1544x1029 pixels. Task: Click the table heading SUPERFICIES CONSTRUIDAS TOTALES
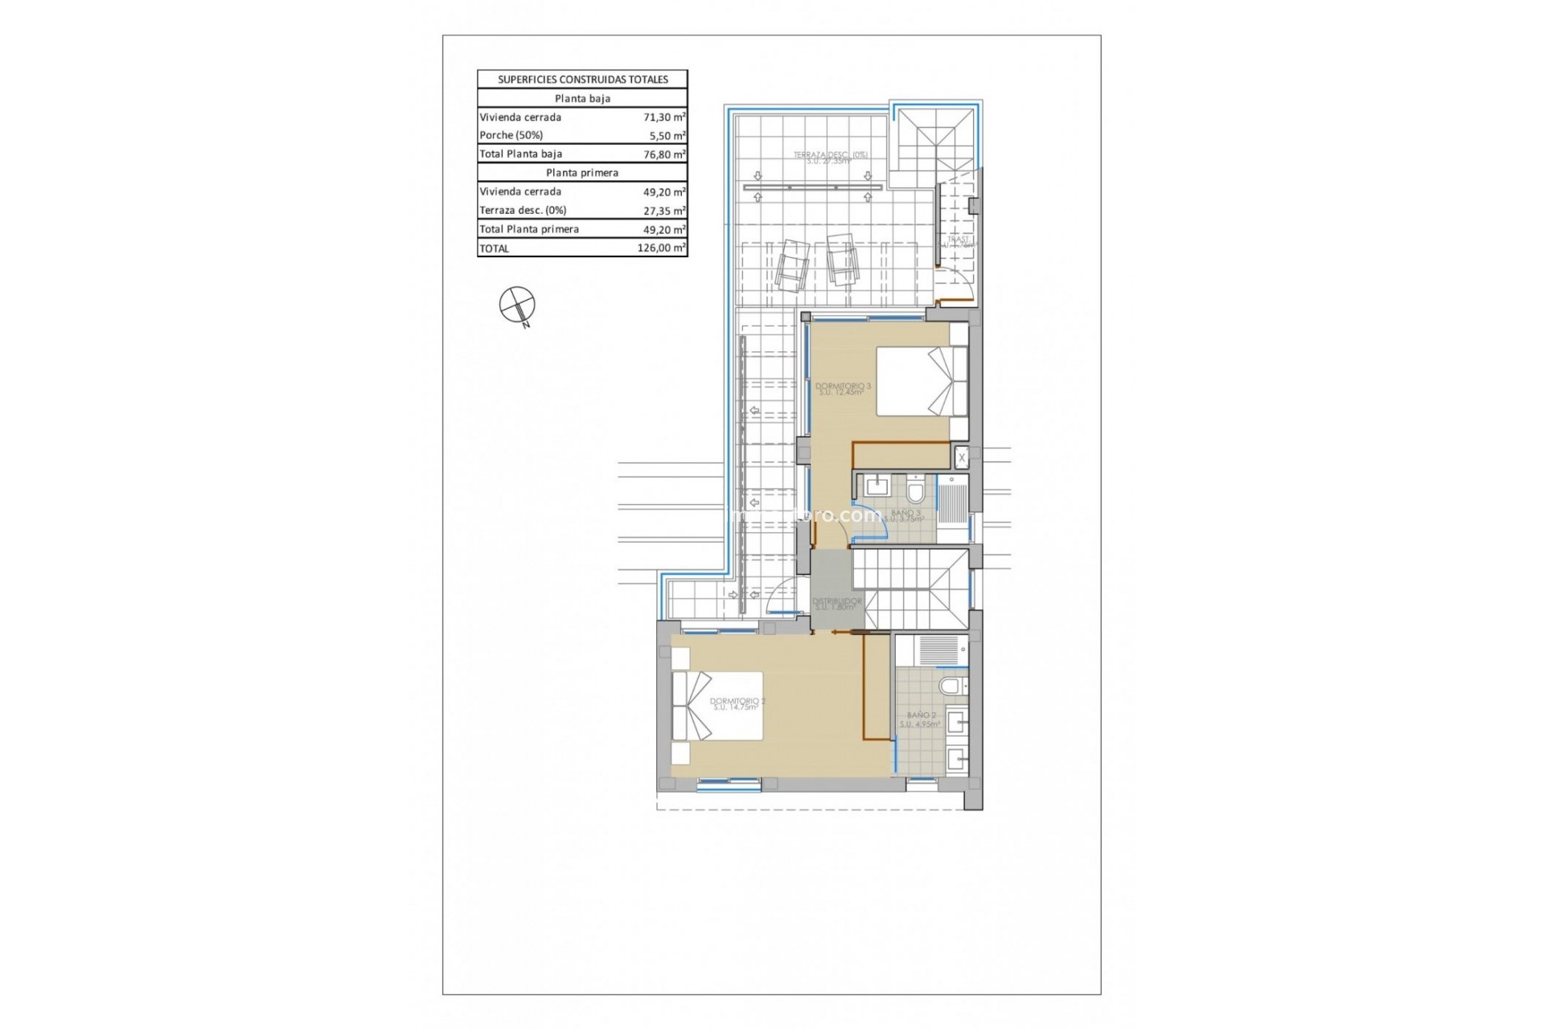point(582,80)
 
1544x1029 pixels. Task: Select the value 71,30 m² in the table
point(664,117)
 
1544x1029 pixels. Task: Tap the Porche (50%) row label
point(511,136)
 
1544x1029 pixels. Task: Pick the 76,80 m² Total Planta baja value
point(664,154)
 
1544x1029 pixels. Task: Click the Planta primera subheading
point(582,173)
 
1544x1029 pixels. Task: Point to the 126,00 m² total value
point(661,248)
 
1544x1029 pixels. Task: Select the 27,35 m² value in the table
point(664,211)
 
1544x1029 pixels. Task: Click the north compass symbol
point(517,305)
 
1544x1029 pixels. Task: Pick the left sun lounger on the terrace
point(791,265)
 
